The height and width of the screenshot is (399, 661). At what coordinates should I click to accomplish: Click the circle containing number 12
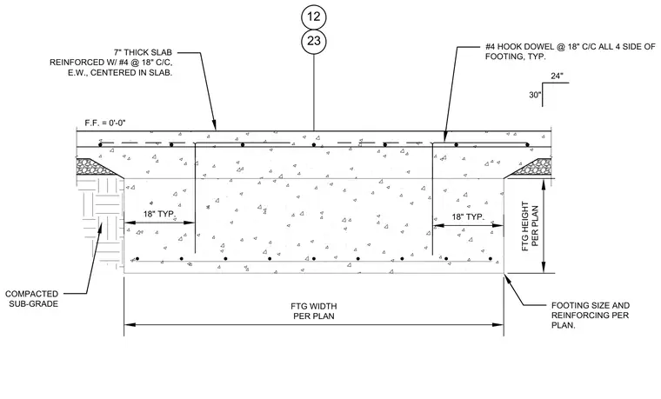[x=314, y=17]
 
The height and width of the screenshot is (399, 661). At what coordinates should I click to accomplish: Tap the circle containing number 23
[x=314, y=41]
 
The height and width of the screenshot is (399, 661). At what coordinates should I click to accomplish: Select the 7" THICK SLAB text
[x=143, y=53]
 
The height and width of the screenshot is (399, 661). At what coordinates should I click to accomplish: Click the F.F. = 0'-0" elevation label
[x=105, y=123]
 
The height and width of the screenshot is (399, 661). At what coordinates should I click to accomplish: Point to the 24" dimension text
[x=557, y=76]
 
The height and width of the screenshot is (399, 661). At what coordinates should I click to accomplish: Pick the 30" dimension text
[x=535, y=96]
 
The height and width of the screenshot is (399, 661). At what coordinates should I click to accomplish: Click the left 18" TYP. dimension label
[x=159, y=214]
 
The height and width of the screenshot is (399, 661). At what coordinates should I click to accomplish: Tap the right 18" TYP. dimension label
[x=468, y=217]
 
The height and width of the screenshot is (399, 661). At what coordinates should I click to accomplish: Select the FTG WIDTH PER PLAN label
[x=314, y=311]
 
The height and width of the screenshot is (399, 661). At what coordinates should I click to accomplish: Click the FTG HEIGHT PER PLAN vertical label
[x=530, y=226]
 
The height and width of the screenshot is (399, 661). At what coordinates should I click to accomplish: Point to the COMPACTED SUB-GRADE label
[x=32, y=299]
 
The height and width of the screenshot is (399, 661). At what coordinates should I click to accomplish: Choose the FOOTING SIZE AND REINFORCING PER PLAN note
[x=591, y=316]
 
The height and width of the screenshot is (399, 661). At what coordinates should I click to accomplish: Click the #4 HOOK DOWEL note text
[x=570, y=51]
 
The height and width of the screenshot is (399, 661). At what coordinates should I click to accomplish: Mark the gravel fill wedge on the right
[x=532, y=167]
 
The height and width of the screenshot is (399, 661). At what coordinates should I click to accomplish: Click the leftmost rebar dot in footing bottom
[x=137, y=259]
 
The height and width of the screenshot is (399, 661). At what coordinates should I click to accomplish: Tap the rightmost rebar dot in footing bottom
[x=491, y=259]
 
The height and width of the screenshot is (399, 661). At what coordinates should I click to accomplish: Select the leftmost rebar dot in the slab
[x=100, y=145]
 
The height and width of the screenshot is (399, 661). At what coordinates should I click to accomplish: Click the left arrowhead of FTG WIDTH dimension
[x=130, y=325]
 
